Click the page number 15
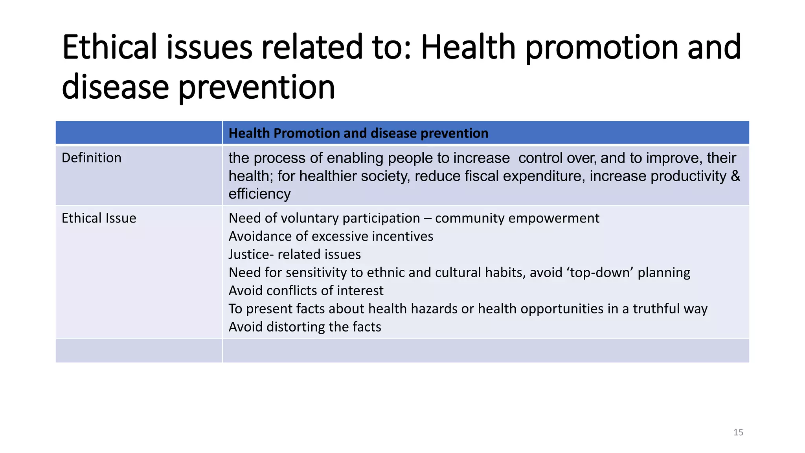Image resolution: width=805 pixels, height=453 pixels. [x=738, y=433]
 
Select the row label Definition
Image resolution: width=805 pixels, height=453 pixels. [x=92, y=158]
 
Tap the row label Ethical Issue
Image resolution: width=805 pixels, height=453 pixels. [x=99, y=218]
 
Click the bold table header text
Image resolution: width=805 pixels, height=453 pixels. [x=358, y=133]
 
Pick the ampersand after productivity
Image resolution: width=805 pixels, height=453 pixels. [x=735, y=176]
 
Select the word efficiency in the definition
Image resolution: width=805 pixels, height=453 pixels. [x=259, y=194]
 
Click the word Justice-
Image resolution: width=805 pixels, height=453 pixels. [x=251, y=254]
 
